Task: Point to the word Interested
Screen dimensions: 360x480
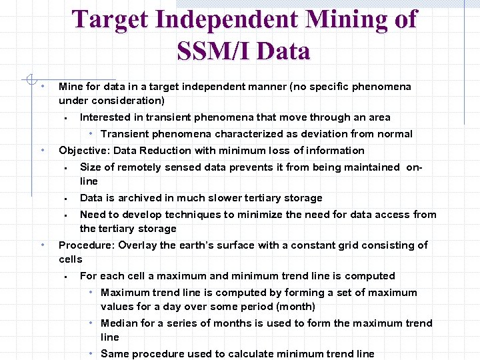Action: [x=106, y=117]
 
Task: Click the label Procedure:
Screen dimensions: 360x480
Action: [x=87, y=245]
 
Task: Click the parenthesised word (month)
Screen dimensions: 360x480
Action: [x=292, y=307]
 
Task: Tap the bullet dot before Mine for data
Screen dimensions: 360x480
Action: [x=42, y=87]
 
